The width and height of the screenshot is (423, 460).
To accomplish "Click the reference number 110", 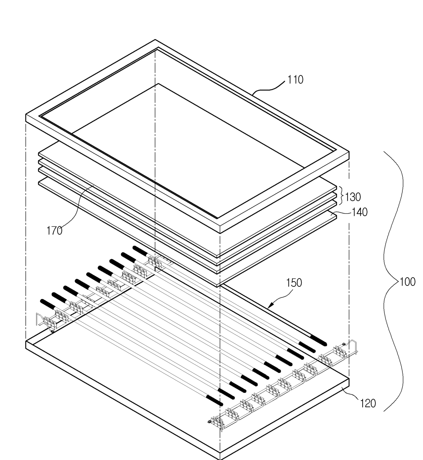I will coord(295,80).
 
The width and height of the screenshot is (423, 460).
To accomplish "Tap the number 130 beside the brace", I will coord(353,197).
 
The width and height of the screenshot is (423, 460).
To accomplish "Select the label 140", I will coord(359,212).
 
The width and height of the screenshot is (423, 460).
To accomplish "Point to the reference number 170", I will coord(54,231).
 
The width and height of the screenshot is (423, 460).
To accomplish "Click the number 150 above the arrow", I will coord(294,283).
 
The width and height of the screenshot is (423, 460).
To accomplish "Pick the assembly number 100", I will coord(407,282).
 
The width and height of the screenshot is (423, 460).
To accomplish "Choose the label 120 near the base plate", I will coord(368,403).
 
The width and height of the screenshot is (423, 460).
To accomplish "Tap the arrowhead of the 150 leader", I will coord(269,307).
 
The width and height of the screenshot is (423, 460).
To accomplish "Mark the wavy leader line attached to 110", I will coord(269,88).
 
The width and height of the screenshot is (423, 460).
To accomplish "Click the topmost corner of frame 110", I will coord(156,40).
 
